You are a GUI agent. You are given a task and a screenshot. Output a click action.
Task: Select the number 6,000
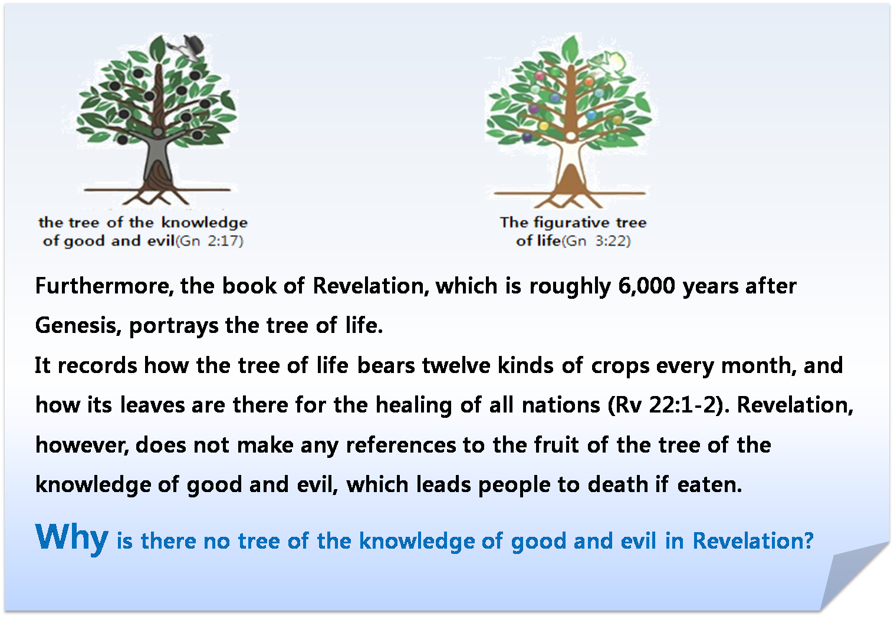[x=646, y=286]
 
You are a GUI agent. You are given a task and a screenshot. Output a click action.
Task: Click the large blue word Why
[x=71, y=537]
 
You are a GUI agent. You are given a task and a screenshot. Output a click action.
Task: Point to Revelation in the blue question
[x=752, y=541]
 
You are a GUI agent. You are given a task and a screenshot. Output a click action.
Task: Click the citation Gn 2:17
[x=210, y=241]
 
